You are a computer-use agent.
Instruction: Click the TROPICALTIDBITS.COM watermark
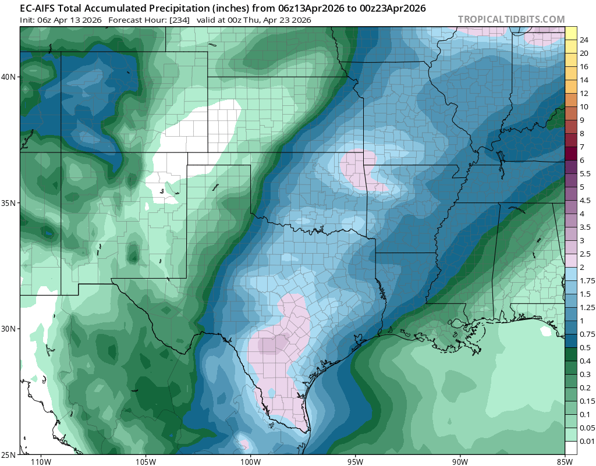pyautogui.click(x=511, y=19)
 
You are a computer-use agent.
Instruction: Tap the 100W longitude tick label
pyautogui.click(x=250, y=461)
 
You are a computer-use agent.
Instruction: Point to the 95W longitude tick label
pyautogui.click(x=355, y=461)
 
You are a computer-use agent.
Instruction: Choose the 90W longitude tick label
pyautogui.click(x=460, y=461)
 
